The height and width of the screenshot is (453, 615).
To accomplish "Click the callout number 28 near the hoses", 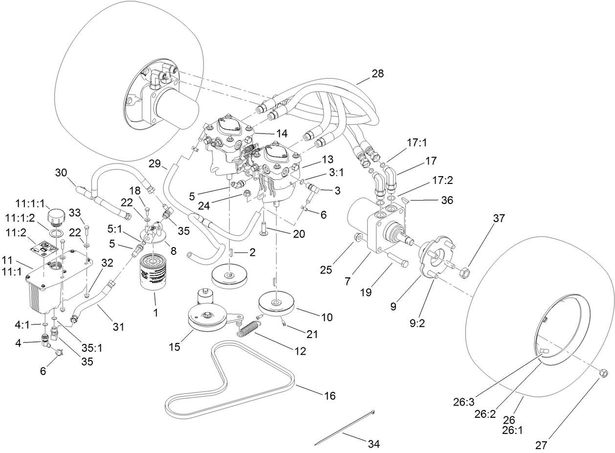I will [x=377, y=73].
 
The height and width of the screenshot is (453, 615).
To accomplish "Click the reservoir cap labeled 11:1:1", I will [x=57, y=216].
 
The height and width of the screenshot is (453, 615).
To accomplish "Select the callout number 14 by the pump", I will [x=268, y=133].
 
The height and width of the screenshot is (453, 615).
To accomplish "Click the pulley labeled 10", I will [x=277, y=304].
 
